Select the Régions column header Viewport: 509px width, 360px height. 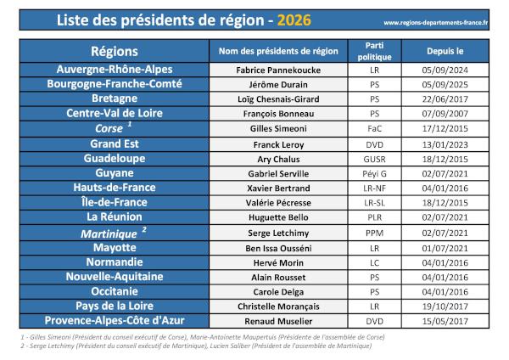114,51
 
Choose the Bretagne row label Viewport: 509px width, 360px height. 114,99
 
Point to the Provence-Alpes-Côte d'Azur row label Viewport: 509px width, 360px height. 114,320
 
